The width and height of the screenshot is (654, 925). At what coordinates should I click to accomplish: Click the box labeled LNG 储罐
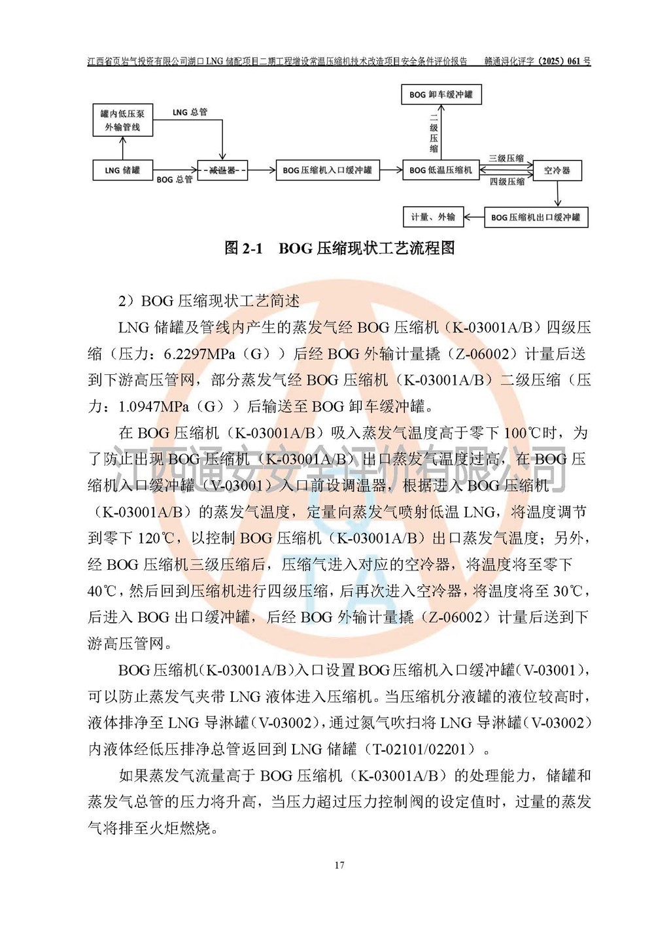[122, 170]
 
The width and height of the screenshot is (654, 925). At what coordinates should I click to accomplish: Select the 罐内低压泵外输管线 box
[122, 120]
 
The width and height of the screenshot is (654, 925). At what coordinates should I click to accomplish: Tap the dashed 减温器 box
[222, 170]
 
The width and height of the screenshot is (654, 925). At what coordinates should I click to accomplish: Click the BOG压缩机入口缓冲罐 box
[327, 170]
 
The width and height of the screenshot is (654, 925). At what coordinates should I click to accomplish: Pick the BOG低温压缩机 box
[441, 170]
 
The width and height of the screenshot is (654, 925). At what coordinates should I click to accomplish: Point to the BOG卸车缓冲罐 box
[441, 95]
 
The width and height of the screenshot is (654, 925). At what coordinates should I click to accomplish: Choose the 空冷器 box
[557, 170]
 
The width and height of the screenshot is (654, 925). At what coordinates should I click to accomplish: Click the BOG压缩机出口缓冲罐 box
[536, 217]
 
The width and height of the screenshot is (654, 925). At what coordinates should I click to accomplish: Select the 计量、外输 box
[433, 217]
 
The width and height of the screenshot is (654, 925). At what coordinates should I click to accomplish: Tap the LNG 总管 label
[190, 113]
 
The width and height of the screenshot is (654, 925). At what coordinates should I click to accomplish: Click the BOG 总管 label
[175, 179]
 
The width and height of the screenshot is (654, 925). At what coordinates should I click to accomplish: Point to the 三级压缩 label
[507, 158]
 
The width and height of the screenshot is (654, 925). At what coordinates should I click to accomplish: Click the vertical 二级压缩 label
[434, 133]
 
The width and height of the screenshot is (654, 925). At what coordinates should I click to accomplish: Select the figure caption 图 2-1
[243, 248]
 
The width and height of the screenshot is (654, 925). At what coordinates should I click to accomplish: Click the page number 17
[339, 865]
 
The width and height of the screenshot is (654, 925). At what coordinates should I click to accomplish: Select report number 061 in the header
[574, 61]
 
